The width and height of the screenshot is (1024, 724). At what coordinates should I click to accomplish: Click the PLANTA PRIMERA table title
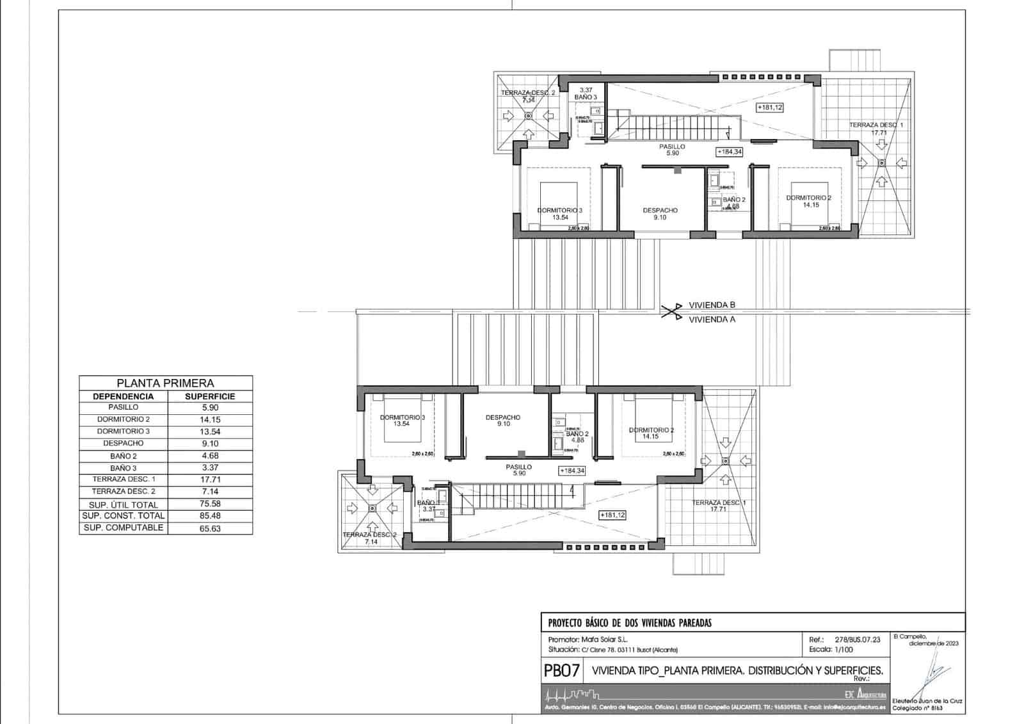tap(165, 383)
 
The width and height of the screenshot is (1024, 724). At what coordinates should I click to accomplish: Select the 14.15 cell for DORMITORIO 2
tap(210, 419)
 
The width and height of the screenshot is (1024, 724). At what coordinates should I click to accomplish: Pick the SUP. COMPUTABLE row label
tap(123, 528)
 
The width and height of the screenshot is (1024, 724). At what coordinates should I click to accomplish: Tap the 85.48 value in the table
tap(210, 516)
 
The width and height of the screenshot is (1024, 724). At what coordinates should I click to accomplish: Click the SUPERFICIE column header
tap(210, 396)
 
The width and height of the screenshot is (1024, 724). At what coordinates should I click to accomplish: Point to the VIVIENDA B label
tap(712, 305)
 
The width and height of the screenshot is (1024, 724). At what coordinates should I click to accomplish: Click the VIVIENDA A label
tap(712, 319)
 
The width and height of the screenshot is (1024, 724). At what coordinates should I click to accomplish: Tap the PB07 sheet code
tap(562, 671)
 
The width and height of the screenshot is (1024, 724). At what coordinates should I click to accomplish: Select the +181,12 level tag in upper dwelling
tap(769, 108)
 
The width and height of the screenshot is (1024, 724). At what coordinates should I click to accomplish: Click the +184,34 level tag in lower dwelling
tap(572, 471)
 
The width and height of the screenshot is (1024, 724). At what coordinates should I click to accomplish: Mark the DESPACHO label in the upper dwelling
tap(660, 211)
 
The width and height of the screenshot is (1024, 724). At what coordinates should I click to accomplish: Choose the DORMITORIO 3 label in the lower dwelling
tap(402, 417)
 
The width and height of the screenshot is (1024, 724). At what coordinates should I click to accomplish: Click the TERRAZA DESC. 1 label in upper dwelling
tap(876, 125)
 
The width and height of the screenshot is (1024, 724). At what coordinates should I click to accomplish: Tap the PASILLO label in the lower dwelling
tap(518, 467)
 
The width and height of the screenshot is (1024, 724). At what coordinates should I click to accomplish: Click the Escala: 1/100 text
tap(830, 649)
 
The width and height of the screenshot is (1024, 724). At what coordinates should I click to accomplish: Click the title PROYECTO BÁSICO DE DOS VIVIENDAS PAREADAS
tap(630, 623)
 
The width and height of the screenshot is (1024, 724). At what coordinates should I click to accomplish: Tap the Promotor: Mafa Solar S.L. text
tap(588, 639)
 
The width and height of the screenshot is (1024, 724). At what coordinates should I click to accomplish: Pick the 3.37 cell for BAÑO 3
tap(210, 468)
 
